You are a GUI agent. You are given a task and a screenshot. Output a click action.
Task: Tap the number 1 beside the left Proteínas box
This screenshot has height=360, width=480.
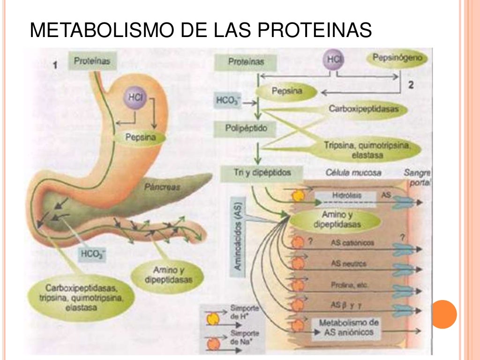[55, 66]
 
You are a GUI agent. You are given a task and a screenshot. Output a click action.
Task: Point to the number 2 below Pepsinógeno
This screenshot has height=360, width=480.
[411, 85]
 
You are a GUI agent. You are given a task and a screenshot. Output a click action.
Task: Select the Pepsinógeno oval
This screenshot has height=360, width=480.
[397, 59]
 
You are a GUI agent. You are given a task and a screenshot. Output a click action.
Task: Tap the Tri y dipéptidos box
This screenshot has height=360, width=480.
[255, 172]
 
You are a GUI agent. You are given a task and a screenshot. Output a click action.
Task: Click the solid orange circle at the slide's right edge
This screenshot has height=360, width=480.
[443, 314]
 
